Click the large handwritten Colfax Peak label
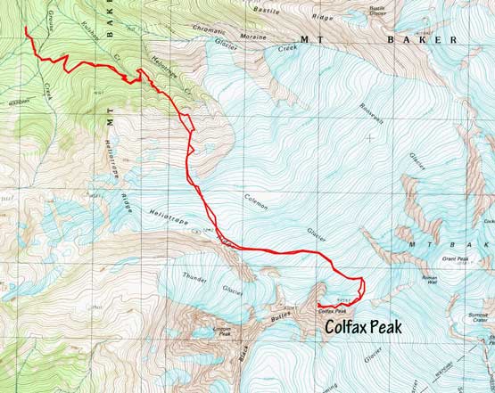pos(363,328)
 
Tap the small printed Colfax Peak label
pos(331,311)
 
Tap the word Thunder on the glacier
pos(194,275)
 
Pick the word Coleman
pos(253,201)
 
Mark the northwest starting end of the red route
pos(26,29)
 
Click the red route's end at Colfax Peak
pos(318,306)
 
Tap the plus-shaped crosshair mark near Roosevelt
pos(369,138)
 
